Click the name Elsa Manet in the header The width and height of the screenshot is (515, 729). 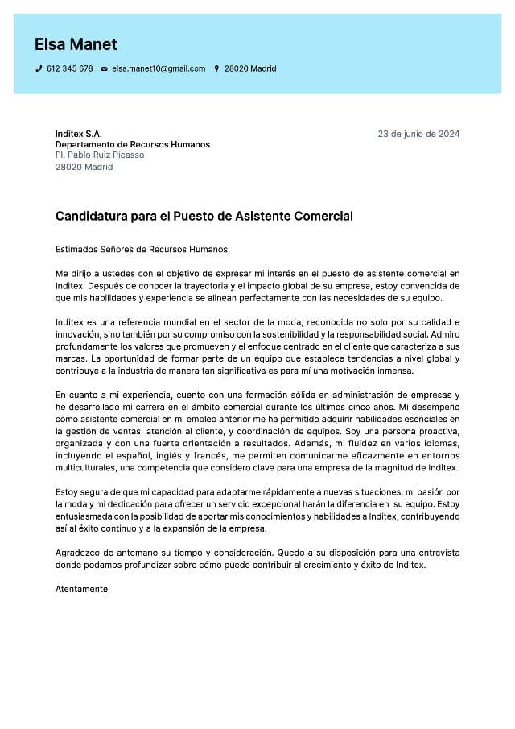[x=76, y=44]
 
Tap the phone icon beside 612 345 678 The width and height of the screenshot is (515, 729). [x=39, y=69]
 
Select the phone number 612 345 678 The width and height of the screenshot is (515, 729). [x=70, y=69]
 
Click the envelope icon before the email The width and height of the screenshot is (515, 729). [x=104, y=69]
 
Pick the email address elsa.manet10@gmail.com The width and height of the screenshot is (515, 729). [x=159, y=69]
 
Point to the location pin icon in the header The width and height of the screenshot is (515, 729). [x=216, y=69]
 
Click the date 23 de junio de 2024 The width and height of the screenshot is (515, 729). [x=418, y=134]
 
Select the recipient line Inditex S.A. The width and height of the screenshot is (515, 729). [x=79, y=134]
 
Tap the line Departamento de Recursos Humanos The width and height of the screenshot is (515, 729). [x=133, y=145]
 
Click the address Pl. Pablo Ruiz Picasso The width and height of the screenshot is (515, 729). [x=100, y=155]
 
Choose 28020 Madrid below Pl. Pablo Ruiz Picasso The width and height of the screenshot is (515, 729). [x=84, y=167]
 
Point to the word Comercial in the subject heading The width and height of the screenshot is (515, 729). [x=325, y=217]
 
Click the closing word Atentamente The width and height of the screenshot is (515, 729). [x=82, y=590]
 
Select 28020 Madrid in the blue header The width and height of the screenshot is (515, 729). [x=250, y=69]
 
